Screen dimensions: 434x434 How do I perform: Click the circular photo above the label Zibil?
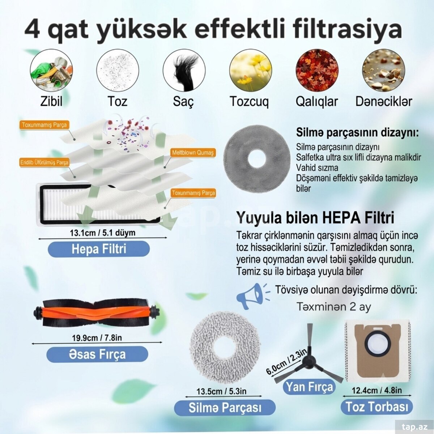point(51,70)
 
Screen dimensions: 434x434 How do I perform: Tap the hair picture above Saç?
point(184,70)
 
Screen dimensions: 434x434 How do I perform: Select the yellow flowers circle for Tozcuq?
point(250,70)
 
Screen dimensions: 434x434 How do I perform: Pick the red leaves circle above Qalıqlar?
point(317,70)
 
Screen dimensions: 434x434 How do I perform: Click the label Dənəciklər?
point(384,101)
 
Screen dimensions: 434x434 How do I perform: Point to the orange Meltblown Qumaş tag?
point(193,153)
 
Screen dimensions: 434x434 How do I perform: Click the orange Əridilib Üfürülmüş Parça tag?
point(44,162)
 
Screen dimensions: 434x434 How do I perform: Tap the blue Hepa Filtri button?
point(99,249)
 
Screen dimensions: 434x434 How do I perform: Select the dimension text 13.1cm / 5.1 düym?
point(102,233)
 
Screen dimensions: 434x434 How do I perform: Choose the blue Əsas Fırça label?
point(97,354)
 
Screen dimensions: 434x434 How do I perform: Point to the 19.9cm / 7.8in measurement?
point(97,338)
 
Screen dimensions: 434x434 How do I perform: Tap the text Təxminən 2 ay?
point(333,307)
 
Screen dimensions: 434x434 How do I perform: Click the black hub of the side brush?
point(309,362)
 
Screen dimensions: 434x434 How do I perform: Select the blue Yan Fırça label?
point(309,387)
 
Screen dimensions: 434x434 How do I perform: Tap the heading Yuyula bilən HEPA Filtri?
point(315,218)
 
